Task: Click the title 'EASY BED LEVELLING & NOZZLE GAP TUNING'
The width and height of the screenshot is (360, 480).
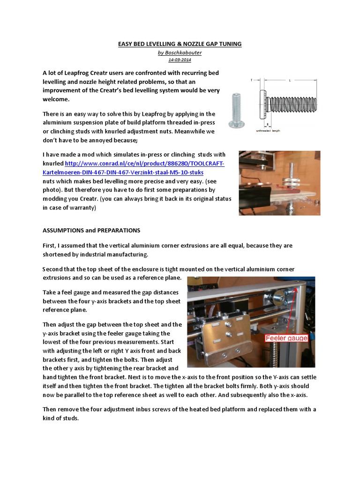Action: click(x=180, y=44)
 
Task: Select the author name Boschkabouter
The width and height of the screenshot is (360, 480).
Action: click(x=180, y=52)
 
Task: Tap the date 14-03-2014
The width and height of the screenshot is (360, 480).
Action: click(x=180, y=60)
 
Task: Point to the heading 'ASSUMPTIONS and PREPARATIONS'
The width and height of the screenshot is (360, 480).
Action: click(x=91, y=231)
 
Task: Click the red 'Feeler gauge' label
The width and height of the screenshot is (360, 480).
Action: click(x=287, y=338)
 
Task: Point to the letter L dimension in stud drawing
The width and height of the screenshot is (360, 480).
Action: click(x=289, y=81)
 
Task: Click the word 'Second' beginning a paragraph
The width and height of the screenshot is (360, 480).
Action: click(x=53, y=269)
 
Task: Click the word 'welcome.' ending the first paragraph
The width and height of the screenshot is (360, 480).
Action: click(x=56, y=99)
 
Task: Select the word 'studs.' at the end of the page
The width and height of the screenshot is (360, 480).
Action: click(x=70, y=418)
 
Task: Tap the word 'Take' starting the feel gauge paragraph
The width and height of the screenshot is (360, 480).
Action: click(x=50, y=292)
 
